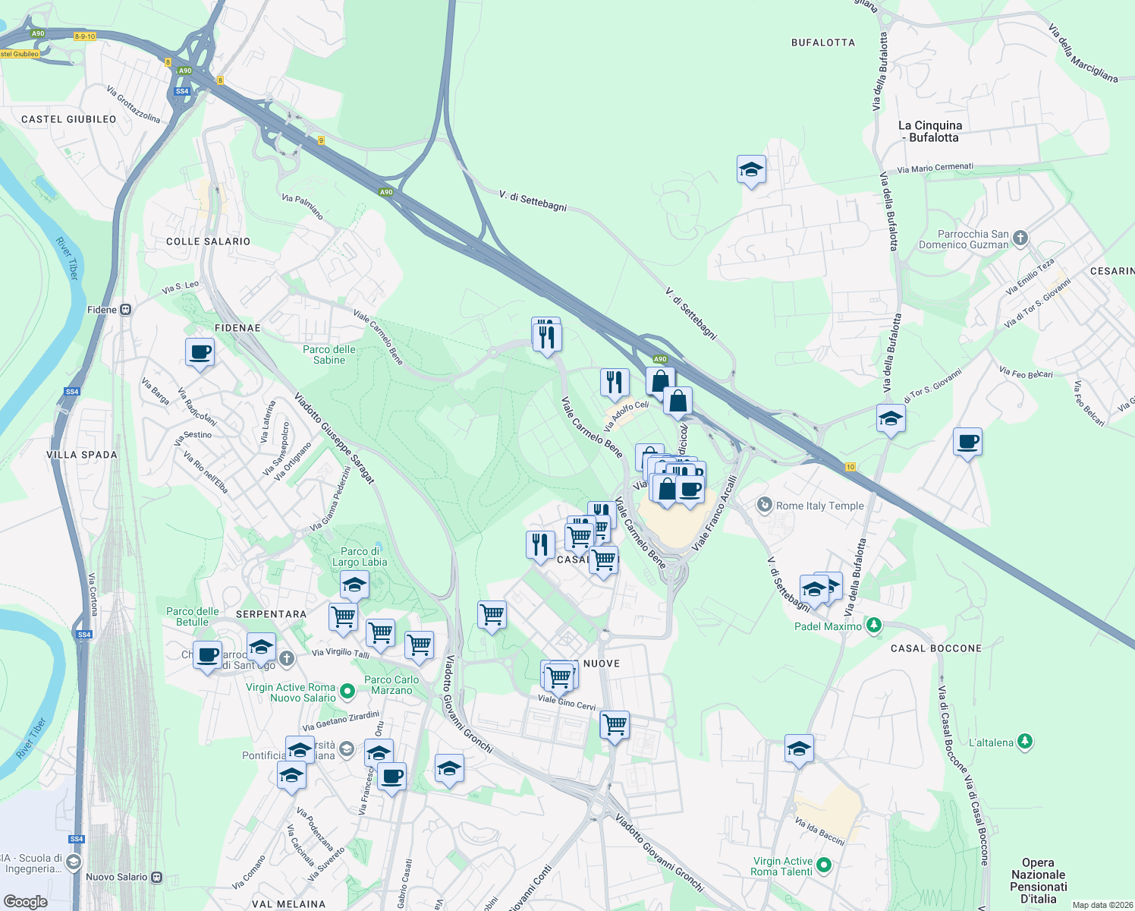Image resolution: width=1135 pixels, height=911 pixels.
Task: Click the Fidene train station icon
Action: (126, 310)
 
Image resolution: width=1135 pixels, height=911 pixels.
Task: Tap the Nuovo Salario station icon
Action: (157, 877)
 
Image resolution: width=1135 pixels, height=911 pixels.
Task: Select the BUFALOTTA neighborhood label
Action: (822, 43)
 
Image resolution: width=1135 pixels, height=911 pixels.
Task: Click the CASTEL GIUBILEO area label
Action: (69, 119)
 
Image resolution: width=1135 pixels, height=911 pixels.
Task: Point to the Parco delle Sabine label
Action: (329, 355)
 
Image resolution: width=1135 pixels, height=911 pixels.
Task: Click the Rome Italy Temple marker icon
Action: (765, 505)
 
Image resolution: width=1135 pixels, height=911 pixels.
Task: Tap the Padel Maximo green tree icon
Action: (874, 625)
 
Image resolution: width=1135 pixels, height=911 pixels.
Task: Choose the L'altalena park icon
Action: (1024, 742)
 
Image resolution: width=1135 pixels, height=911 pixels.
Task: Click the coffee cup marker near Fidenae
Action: (200, 353)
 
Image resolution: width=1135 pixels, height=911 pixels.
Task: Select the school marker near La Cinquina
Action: (750, 170)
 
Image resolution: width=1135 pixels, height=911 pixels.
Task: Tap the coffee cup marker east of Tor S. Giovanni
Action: (967, 442)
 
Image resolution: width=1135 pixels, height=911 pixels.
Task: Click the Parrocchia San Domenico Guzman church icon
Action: (1020, 238)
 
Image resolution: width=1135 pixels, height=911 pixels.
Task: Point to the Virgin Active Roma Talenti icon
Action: (824, 865)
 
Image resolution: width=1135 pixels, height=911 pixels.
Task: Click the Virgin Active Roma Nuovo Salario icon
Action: (347, 691)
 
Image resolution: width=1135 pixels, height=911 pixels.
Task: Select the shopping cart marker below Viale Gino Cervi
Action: (614, 725)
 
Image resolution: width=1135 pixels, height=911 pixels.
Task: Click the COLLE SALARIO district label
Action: (208, 241)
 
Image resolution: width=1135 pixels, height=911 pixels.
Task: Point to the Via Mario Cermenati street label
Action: (935, 168)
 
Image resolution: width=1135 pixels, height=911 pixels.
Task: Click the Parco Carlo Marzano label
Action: (391, 685)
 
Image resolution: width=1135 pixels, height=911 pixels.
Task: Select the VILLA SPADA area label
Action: (82, 455)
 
